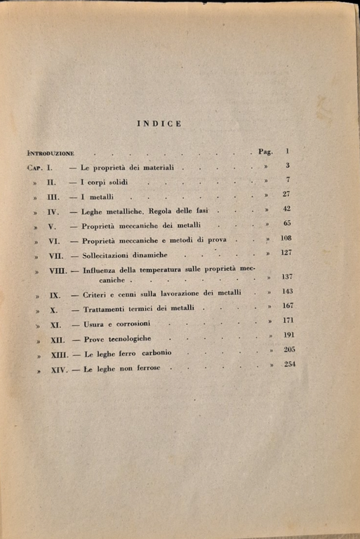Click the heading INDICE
(x=160, y=124)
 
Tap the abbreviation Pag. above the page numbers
(x=269, y=152)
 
